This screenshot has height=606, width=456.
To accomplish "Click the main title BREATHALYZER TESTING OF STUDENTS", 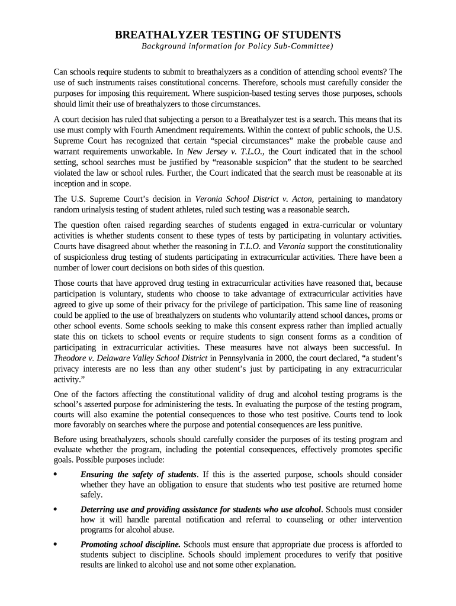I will [227, 34].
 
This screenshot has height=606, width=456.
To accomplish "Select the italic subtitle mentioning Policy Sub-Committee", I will [236, 46].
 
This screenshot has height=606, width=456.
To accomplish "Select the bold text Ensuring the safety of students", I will [139, 474].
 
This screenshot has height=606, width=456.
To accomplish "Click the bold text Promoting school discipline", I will [131, 544].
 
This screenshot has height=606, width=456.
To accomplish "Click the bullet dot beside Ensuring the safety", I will [56, 475].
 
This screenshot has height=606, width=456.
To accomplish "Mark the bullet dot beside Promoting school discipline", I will [56, 544].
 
